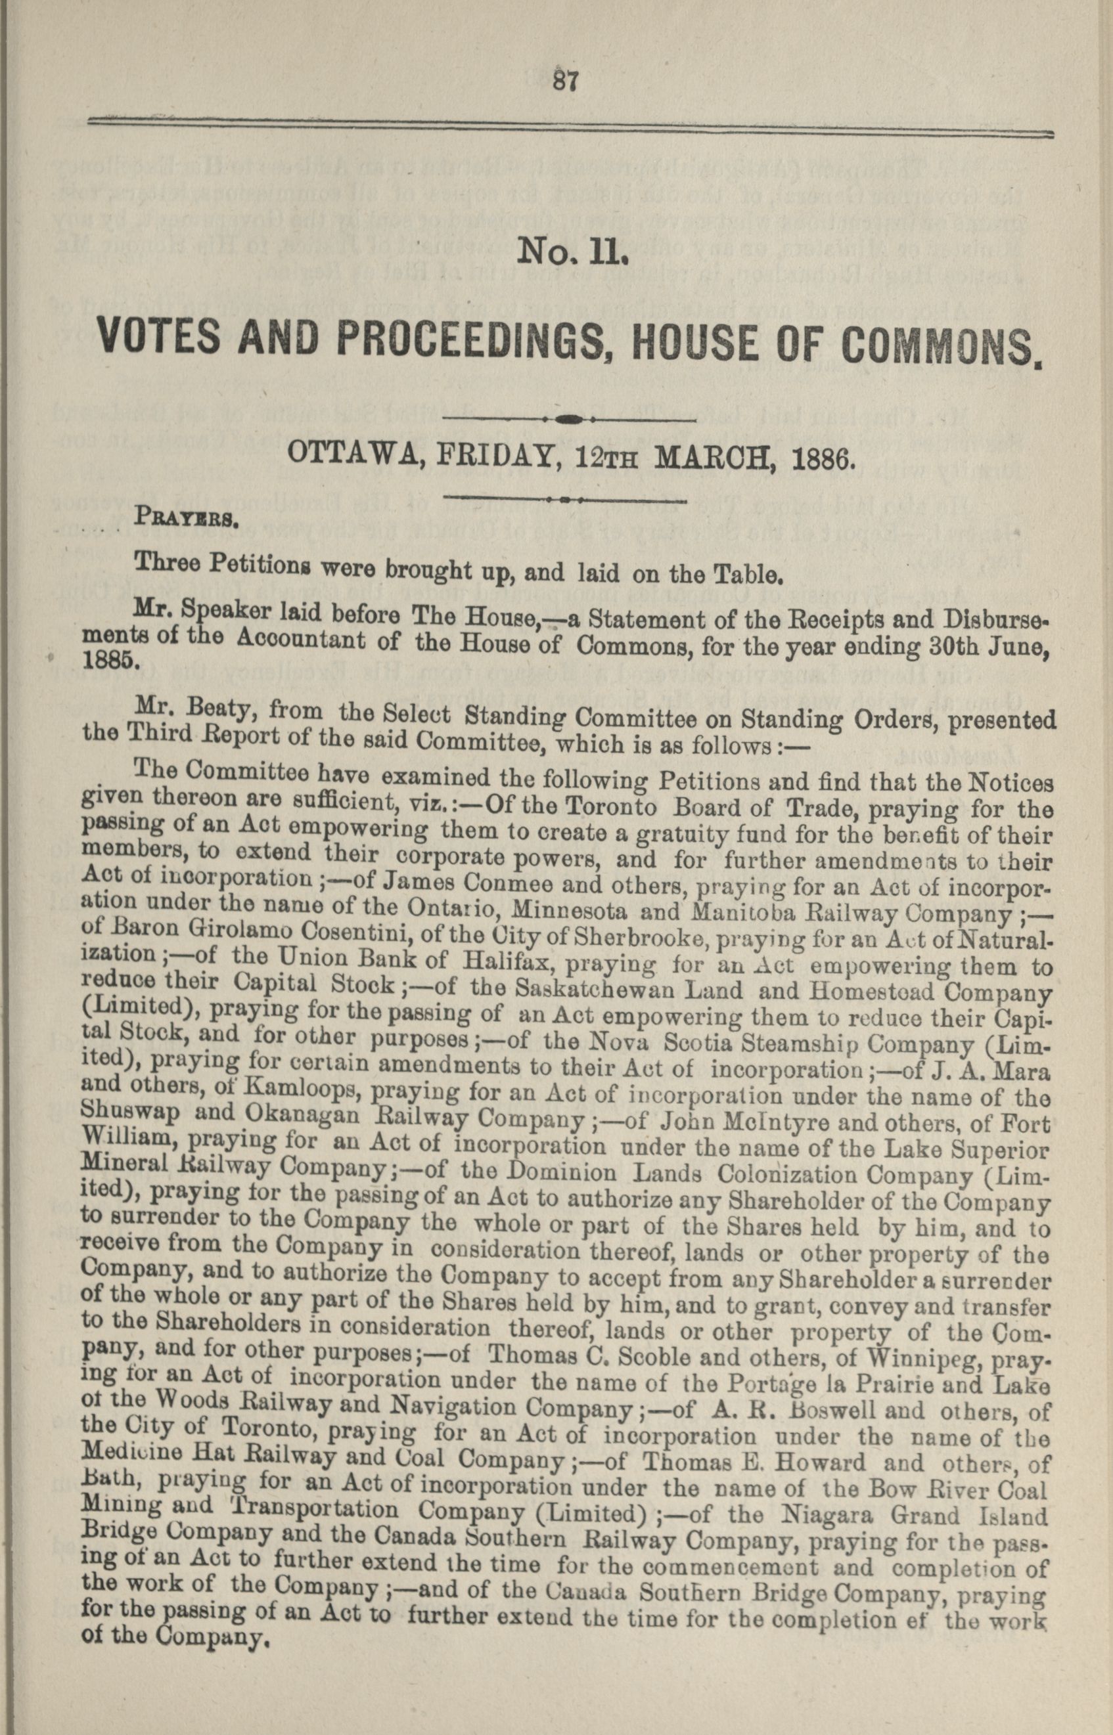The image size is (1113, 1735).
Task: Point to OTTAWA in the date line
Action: point(340,455)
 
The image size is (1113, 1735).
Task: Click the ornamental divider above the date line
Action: point(568,419)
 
